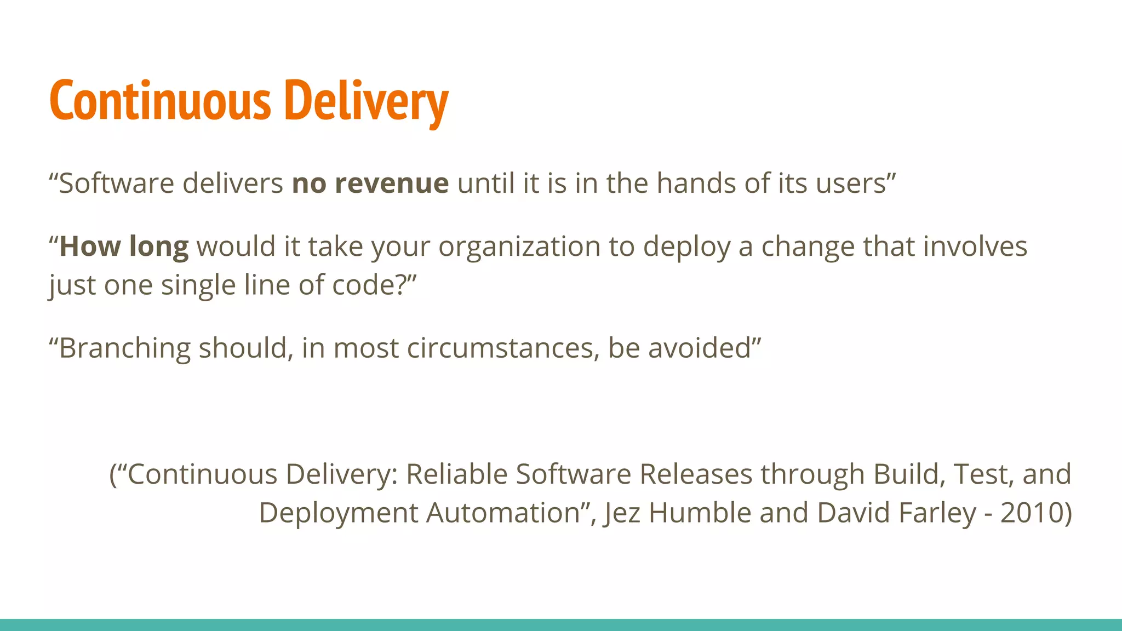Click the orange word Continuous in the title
coord(160,101)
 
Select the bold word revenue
coord(392,183)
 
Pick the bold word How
coord(89,247)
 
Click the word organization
coord(519,247)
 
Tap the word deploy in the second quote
coord(686,247)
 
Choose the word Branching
coord(124,348)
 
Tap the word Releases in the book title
coord(696,474)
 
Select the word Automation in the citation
coord(503,513)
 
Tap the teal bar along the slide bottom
coord(561,625)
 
